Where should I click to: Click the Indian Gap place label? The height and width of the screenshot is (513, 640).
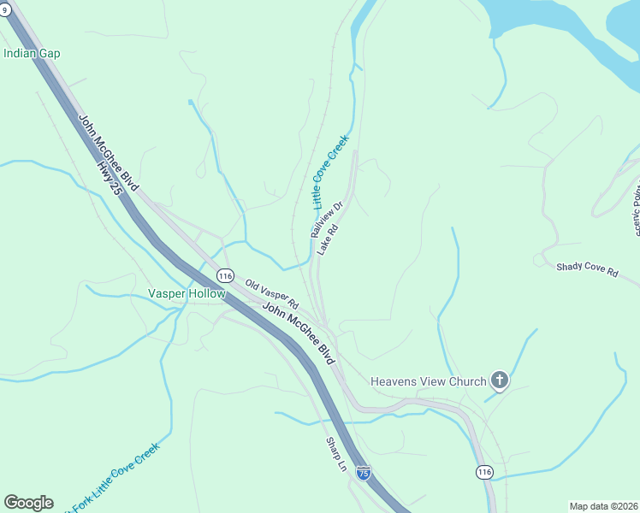point(32,53)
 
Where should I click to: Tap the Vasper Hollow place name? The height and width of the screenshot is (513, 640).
point(187,293)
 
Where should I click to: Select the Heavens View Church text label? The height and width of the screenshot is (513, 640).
point(428,381)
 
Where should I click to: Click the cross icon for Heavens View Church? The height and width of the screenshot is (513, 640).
point(500,381)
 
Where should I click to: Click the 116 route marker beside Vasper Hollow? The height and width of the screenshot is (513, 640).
point(225,276)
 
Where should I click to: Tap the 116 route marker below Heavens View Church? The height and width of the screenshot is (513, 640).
point(484,472)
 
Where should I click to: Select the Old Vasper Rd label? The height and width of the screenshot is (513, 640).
point(270,293)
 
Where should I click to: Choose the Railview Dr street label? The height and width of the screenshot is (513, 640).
point(326,220)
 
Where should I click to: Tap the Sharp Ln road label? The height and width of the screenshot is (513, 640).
point(336,455)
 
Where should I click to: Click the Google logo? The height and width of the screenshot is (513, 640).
point(28,503)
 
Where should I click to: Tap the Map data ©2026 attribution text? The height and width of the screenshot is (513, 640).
point(603,506)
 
